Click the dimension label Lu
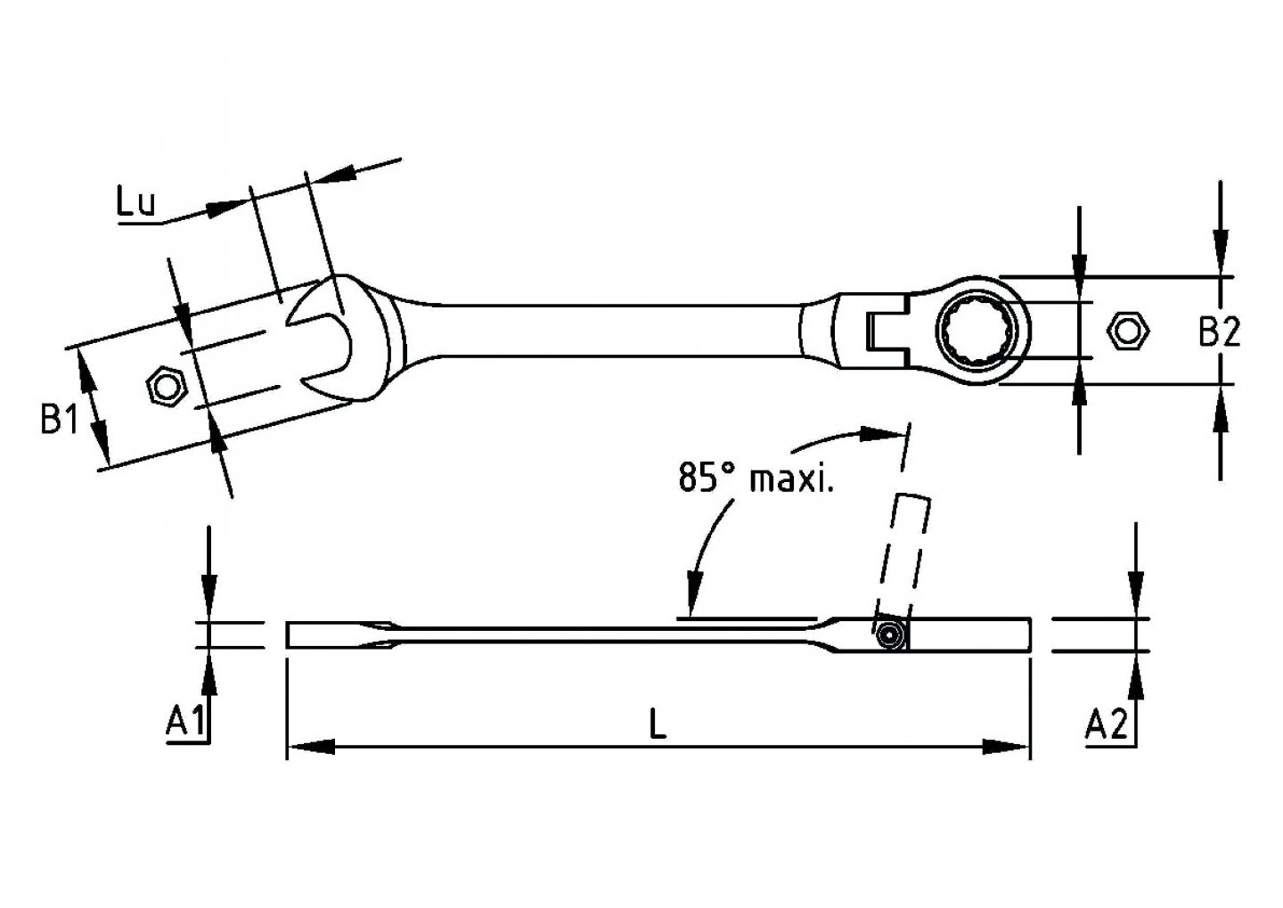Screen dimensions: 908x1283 coord(135,204)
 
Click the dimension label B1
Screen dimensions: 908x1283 coord(59,419)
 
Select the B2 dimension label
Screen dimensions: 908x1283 coord(1218,332)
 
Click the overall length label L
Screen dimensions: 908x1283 coord(657,724)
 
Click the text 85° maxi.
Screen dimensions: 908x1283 coord(756,479)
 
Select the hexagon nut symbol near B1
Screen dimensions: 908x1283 coord(165,387)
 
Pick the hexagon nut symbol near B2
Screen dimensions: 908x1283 coord(1127,330)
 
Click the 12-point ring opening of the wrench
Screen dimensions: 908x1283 coord(979,331)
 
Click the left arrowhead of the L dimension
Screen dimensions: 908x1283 coord(307,747)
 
